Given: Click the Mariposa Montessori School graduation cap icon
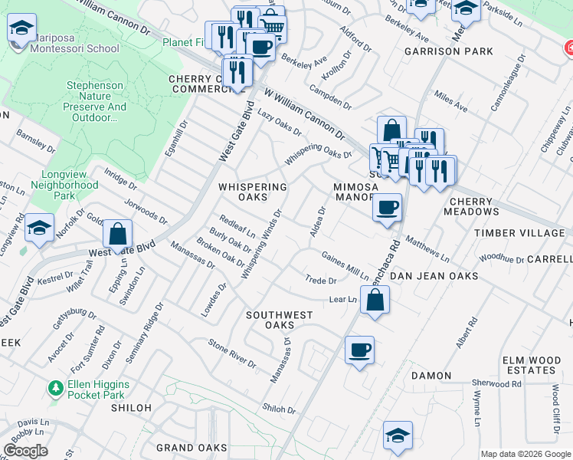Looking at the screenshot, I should (x=22, y=29).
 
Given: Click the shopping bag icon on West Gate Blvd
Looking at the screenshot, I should (x=117, y=234).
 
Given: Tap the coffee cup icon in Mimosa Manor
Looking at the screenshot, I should (x=388, y=207).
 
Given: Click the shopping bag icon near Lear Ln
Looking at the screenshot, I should (x=375, y=301).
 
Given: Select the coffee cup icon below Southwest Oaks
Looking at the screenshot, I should (x=359, y=351).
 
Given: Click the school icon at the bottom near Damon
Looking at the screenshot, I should (x=398, y=435).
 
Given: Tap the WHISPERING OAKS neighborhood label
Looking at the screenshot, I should (x=253, y=192).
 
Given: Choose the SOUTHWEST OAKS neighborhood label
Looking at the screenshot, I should (x=279, y=320).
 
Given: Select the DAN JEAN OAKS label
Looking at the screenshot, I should (x=434, y=275).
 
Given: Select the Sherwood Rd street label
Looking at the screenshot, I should (x=496, y=384).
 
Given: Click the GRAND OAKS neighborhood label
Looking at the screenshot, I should (x=192, y=447).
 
